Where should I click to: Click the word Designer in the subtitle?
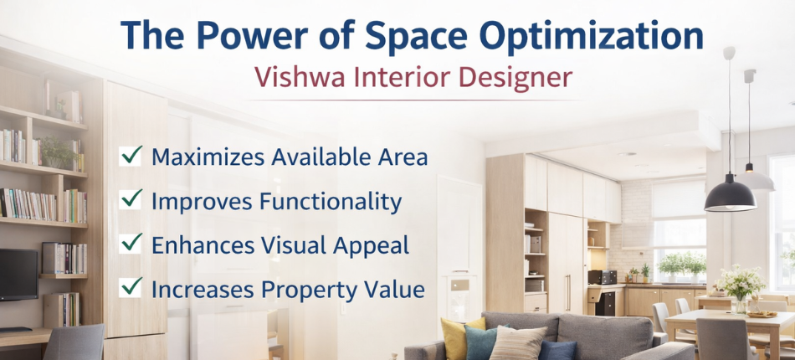pos(514,77)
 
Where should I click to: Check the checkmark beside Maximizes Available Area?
pos(131,155)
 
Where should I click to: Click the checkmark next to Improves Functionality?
pos(131,199)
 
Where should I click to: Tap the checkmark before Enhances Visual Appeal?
pos(131,244)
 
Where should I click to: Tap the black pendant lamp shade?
pos(730,196)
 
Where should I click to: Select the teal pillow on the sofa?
pos(482,342)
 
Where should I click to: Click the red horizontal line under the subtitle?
pos(415,100)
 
